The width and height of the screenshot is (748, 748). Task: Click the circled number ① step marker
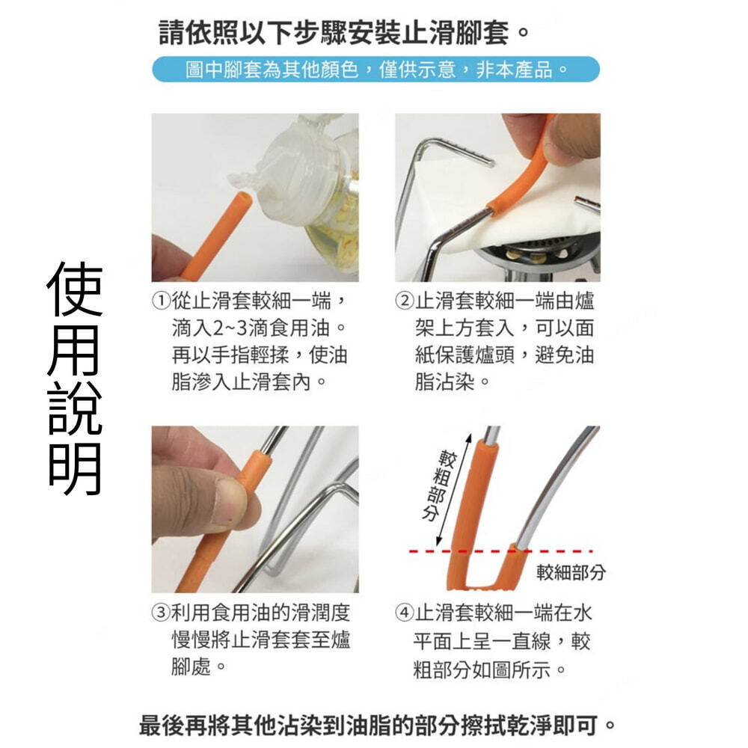click(x=162, y=301)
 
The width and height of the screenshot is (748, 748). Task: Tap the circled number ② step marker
click(x=404, y=301)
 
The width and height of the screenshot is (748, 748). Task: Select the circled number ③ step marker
click(x=162, y=612)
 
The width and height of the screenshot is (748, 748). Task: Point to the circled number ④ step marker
click(x=404, y=612)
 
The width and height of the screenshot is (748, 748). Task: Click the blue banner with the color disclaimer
click(x=375, y=70)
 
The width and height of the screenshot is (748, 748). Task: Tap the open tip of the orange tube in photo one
click(x=242, y=197)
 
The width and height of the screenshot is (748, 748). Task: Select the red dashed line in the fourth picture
click(x=500, y=551)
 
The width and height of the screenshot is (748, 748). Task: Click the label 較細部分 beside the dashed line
click(x=571, y=572)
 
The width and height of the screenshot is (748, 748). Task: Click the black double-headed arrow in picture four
click(x=453, y=491)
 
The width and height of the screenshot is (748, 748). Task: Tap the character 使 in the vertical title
click(x=75, y=289)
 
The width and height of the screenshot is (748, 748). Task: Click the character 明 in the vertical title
click(x=75, y=468)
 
